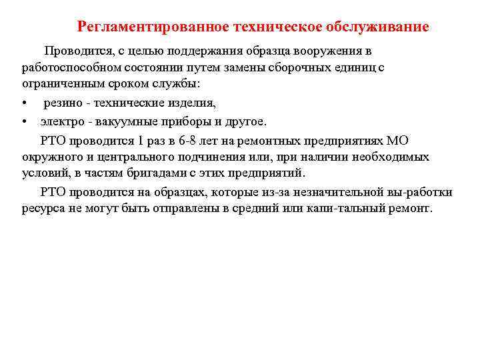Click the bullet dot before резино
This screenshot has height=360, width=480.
click(24, 103)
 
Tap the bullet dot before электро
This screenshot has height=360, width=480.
click(24, 121)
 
